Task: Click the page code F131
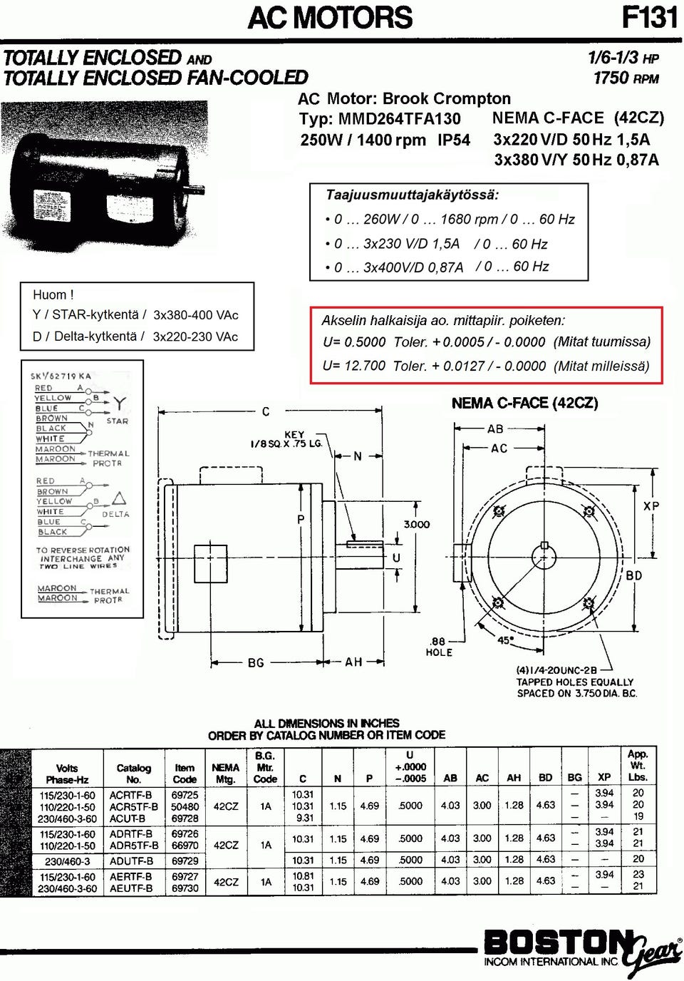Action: tap(649, 17)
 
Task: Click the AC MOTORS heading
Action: tap(330, 17)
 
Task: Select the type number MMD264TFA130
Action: tap(399, 119)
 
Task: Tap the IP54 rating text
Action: tap(453, 140)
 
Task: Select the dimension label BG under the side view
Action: tap(256, 662)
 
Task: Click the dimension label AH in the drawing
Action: tap(353, 662)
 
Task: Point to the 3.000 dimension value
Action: tap(417, 524)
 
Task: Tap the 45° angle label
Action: tap(504, 640)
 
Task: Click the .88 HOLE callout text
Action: tap(439, 647)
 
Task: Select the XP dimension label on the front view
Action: tap(651, 506)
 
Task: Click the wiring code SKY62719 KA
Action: tap(61, 376)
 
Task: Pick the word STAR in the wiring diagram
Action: tap(118, 421)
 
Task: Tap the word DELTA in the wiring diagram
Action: tap(115, 514)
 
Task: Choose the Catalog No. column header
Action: tap(133, 774)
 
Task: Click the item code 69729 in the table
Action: tap(185, 861)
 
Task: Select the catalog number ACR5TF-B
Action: tap(134, 806)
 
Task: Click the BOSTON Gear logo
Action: tap(581, 949)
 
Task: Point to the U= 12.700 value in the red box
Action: tap(354, 366)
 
